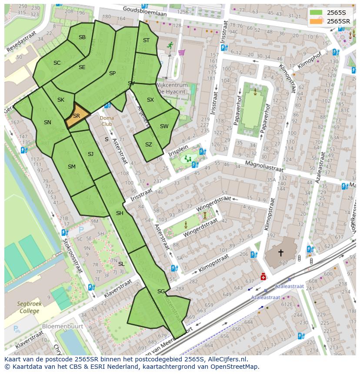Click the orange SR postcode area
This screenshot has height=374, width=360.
[77, 116]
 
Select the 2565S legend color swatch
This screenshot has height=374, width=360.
[317, 13]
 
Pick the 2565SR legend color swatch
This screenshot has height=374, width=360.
[317, 21]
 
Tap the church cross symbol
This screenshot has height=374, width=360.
[281, 252]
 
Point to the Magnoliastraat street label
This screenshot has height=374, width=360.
[264, 164]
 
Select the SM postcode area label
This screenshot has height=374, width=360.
[72, 166]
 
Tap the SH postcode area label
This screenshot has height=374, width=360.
[120, 213]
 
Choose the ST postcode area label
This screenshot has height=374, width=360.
[146, 40]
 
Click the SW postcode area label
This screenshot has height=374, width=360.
[164, 126]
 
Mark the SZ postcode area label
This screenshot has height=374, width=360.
[149, 145]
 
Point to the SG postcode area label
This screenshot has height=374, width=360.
[161, 291]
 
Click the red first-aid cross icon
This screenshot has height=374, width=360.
[263, 277]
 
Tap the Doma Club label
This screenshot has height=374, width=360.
[107, 121]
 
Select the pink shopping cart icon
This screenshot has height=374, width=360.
[181, 53]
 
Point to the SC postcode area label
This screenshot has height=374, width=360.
[57, 63]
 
